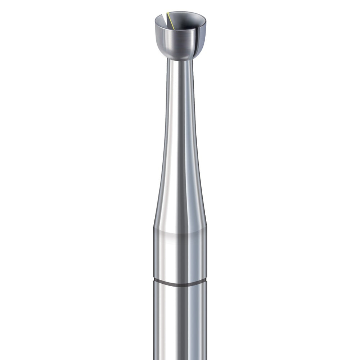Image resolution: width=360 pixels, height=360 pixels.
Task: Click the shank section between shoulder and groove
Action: click(x=180, y=256)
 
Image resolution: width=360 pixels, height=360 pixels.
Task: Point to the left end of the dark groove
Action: click(x=154, y=280)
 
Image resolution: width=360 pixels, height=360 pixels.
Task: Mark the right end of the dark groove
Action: click(x=206, y=280)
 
